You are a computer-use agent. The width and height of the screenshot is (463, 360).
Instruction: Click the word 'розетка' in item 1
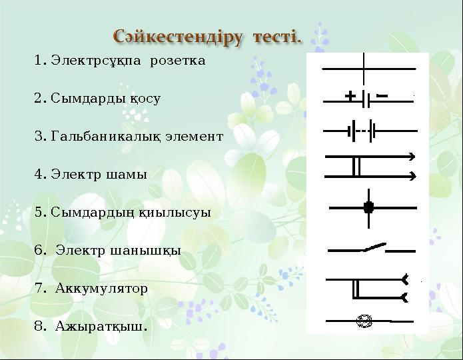click(177, 61)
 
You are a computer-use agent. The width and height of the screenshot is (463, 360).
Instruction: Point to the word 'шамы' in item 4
click(127, 175)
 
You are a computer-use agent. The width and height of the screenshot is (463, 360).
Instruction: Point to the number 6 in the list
click(38, 251)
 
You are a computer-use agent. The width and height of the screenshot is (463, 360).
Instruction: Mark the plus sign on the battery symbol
click(350, 97)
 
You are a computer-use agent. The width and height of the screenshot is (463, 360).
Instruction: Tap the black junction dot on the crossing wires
click(368, 208)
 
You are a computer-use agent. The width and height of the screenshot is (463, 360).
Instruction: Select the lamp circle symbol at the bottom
click(364, 321)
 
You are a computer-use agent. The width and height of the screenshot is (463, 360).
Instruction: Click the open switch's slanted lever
click(374, 247)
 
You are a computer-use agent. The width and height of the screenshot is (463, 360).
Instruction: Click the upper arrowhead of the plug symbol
click(412, 157)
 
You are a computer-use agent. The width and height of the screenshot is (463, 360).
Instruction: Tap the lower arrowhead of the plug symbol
click(412, 176)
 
